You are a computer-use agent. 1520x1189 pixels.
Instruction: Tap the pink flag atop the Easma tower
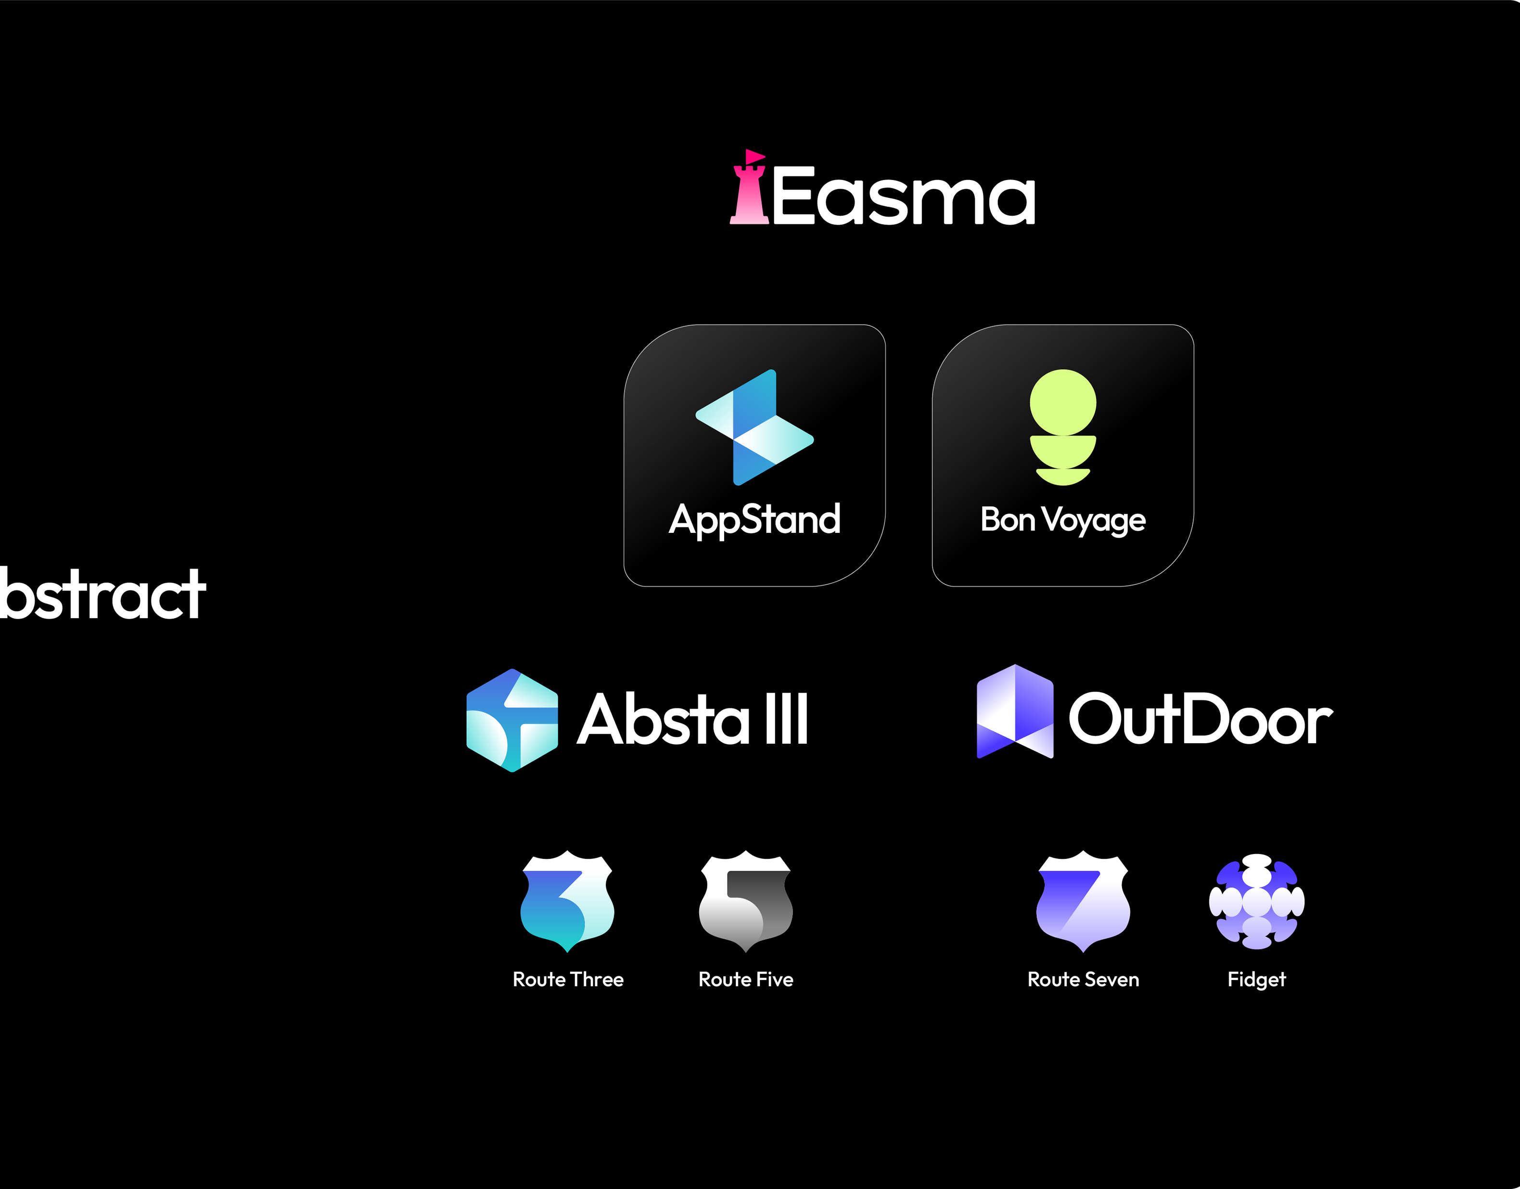pos(754,156)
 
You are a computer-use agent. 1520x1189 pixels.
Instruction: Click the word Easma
pos(903,196)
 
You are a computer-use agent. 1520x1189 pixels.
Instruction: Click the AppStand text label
pos(754,519)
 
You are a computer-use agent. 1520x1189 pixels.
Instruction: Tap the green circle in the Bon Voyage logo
pos(1063,402)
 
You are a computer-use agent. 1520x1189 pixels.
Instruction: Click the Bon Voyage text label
pos(1063,519)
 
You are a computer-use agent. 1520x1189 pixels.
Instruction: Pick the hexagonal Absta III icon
pos(512,721)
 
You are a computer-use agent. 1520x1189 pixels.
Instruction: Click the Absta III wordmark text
pos(692,719)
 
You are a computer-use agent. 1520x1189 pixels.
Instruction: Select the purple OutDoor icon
pos(1015,711)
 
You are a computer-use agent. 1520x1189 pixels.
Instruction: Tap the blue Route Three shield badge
pos(567,901)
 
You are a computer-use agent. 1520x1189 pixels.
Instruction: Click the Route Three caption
pos(568,980)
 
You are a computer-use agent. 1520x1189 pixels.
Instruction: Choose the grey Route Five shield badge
pos(745,901)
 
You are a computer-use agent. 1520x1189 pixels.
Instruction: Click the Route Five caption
pos(745,980)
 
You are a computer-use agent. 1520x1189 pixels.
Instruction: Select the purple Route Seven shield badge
pos(1083,901)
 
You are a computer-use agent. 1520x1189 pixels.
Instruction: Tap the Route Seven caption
pos(1083,980)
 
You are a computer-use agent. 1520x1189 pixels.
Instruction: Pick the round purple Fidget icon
pos(1256,902)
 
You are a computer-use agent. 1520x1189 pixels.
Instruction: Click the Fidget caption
pos(1256,980)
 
